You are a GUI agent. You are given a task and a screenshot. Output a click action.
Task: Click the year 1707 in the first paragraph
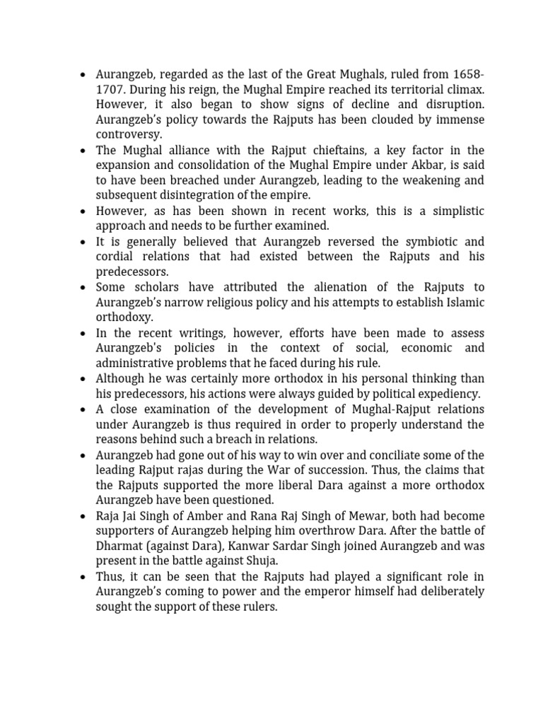[110, 90]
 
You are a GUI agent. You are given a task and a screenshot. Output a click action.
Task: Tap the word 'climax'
[463, 90]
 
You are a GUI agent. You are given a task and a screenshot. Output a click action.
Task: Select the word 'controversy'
[129, 134]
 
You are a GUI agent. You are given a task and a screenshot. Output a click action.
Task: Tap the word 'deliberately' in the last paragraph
[450, 592]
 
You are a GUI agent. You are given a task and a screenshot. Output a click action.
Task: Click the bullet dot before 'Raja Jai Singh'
[83, 516]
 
